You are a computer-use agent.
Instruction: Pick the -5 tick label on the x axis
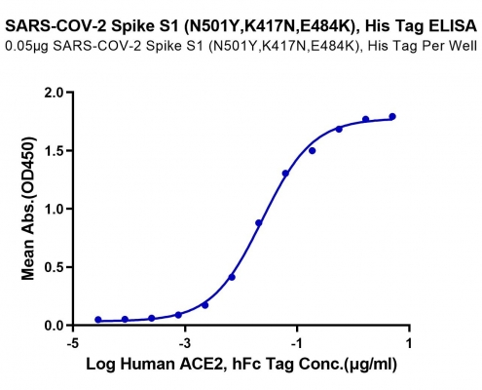click(73, 343)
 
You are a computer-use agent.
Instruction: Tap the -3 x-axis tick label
click(185, 343)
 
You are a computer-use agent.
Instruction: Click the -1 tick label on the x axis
click(297, 343)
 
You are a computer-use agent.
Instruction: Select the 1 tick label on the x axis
click(409, 343)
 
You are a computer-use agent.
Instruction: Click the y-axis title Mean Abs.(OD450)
click(28, 209)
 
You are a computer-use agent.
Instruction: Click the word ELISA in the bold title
click(453, 26)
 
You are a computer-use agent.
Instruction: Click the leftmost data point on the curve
click(98, 320)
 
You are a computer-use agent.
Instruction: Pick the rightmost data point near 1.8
click(392, 116)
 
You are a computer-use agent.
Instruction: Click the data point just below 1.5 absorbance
click(313, 151)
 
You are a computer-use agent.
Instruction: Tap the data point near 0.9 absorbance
click(259, 223)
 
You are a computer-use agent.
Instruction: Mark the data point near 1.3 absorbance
click(285, 174)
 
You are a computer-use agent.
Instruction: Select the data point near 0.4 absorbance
click(232, 277)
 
